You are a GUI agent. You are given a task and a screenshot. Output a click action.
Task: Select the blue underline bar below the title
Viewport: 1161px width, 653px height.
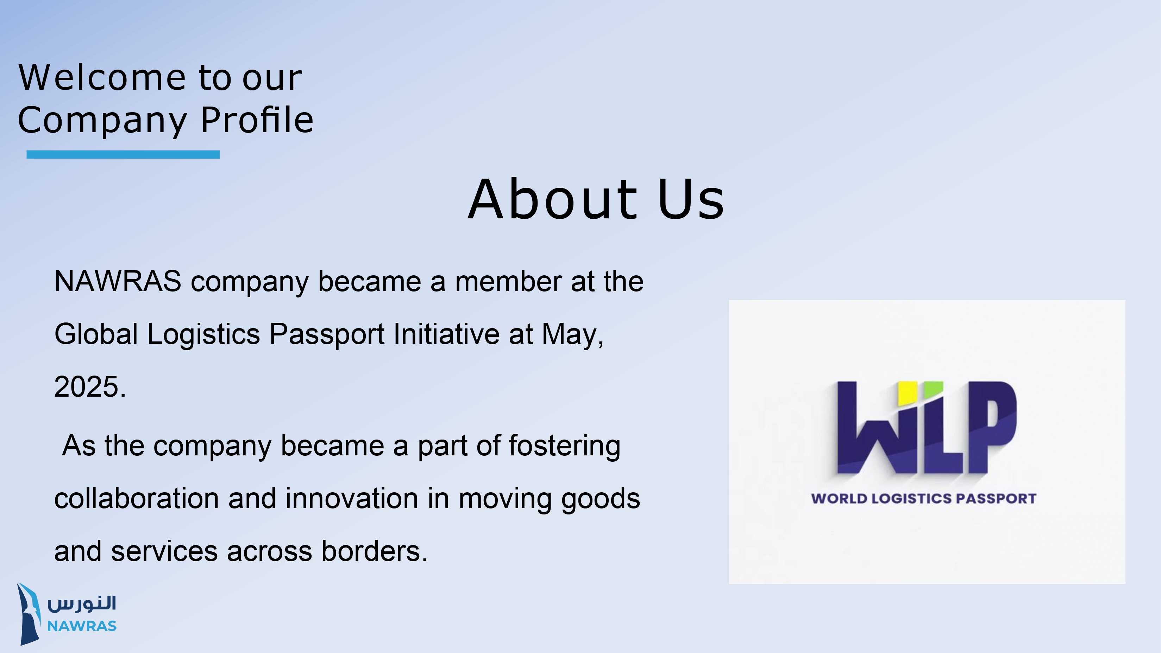(x=123, y=154)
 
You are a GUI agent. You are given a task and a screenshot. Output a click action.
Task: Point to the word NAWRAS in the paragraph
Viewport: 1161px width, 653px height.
(x=118, y=281)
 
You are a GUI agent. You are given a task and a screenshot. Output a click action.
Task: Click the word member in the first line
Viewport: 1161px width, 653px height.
(x=508, y=281)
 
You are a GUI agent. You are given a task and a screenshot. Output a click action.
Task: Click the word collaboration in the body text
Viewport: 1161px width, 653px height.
(x=137, y=499)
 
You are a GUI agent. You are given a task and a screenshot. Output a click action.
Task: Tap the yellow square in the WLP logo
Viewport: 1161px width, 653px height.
(x=907, y=393)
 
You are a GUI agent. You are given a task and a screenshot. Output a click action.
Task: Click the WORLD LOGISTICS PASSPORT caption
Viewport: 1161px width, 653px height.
(x=923, y=499)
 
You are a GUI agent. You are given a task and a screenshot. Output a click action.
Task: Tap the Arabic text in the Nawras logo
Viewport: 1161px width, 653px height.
(x=82, y=603)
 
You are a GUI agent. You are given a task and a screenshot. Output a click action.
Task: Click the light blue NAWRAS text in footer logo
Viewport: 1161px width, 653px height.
(x=82, y=626)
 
